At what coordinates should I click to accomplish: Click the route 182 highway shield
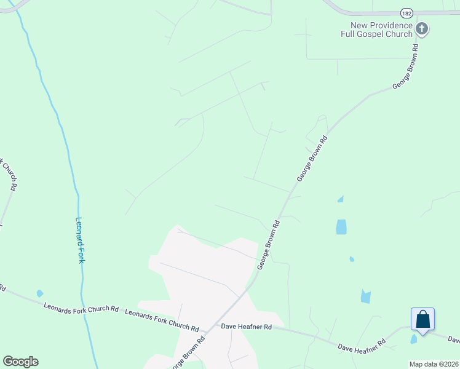pyautogui.click(x=406, y=12)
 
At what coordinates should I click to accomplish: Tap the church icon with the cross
pyautogui.click(x=422, y=28)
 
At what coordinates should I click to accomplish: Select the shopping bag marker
pyautogui.click(x=422, y=319)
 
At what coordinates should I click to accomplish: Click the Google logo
pyautogui.click(x=20, y=362)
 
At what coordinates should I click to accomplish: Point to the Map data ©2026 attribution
pyautogui.click(x=434, y=364)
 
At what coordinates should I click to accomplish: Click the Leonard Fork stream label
pyautogui.click(x=80, y=240)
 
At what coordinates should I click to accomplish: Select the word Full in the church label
pyautogui.click(x=350, y=34)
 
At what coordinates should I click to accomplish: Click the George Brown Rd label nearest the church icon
pyautogui.click(x=406, y=67)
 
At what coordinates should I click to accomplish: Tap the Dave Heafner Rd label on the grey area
pyautogui.click(x=247, y=327)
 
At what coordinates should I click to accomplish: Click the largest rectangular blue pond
pyautogui.click(x=341, y=227)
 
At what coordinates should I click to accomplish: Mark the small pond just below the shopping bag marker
pyautogui.click(x=413, y=339)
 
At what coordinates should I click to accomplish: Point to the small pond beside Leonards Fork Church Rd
pyautogui.click(x=40, y=293)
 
